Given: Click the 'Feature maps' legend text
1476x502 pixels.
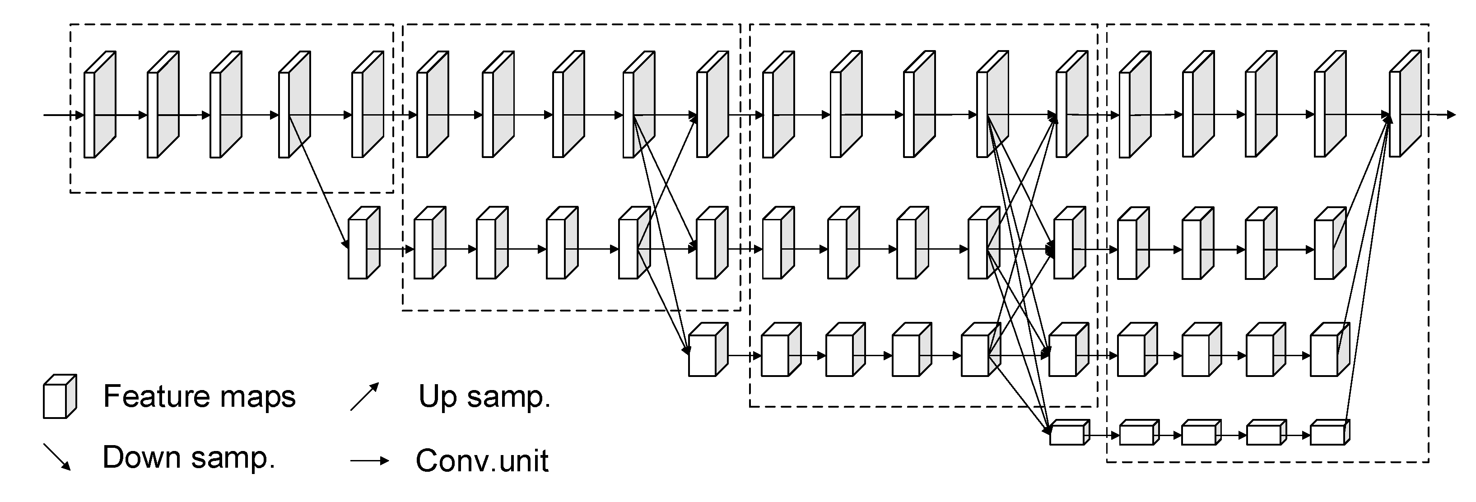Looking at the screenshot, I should [x=199, y=396].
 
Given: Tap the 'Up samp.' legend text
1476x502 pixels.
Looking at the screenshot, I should [x=484, y=396].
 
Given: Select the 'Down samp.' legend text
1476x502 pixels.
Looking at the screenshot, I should [x=189, y=457].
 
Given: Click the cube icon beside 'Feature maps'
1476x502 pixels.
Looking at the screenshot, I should [x=60, y=396].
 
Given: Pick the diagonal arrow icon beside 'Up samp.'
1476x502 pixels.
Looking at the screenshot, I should [x=365, y=396].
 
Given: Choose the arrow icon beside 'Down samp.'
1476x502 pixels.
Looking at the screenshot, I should [x=57, y=457].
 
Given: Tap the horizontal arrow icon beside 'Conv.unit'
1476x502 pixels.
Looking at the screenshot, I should [x=370, y=461].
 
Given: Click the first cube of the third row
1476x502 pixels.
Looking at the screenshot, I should [x=708, y=349].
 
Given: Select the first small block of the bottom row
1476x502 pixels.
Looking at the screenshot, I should [x=1069, y=432].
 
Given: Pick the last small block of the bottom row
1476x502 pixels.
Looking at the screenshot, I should [x=1330, y=432].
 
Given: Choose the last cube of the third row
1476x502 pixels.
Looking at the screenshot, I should [x=1330, y=349].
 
